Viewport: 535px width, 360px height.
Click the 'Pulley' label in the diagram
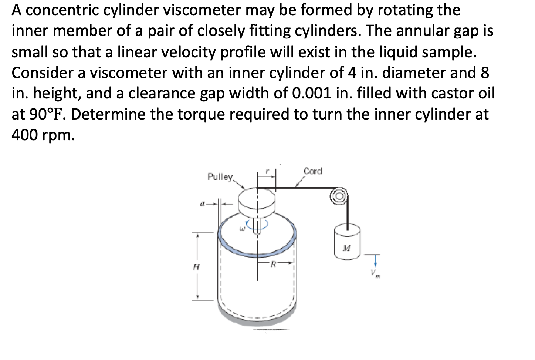(x=220, y=176)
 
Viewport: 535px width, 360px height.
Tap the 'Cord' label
(x=312, y=171)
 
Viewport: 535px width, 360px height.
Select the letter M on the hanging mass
(x=346, y=247)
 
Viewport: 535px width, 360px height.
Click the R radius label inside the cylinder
(x=273, y=264)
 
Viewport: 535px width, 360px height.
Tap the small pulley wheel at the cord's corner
(x=340, y=195)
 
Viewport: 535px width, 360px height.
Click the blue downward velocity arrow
(x=376, y=260)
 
